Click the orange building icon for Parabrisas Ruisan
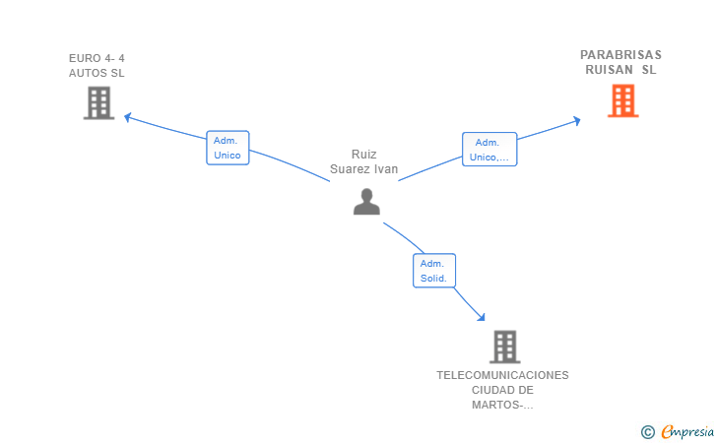tap(622, 101)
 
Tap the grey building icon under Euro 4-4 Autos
tap(98, 103)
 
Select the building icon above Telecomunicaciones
tap(505, 347)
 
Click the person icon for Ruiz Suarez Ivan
tap(366, 202)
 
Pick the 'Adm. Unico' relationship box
tap(228, 148)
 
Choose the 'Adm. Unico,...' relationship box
tap(489, 150)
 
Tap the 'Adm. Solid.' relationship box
tap(434, 271)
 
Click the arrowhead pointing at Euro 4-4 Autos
tap(128, 117)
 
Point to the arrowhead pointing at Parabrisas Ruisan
tap(577, 121)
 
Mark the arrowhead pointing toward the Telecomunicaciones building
tap(481, 317)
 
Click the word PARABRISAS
tap(620, 55)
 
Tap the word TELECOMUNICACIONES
tap(502, 375)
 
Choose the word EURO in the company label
tap(85, 58)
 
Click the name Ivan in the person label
tap(386, 169)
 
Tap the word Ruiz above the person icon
tap(364, 155)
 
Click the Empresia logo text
tap(687, 432)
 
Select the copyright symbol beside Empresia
tap(648, 432)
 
